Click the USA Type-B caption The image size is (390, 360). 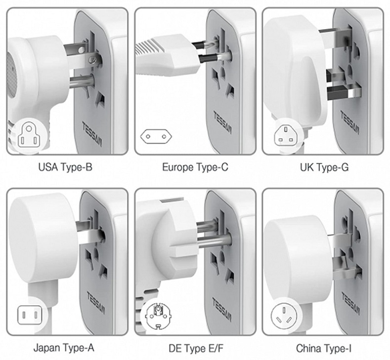[65, 167]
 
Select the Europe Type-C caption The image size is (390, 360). [195, 167]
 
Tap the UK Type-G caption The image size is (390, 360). [324, 167]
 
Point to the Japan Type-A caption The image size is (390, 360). [64, 348]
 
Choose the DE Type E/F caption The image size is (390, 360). [194, 348]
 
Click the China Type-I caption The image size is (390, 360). [324, 348]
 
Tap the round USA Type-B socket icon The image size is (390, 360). [29, 135]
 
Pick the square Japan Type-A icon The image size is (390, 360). [29, 314]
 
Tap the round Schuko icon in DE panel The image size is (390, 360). [157, 314]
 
